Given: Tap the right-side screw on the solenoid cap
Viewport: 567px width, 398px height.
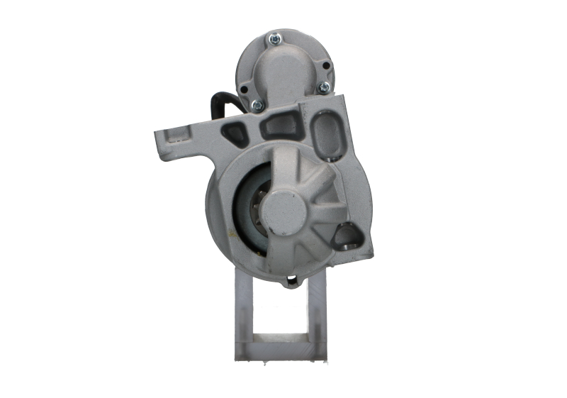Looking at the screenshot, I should pos(324,87).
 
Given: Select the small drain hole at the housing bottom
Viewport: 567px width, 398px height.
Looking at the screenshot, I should pos(291,284).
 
